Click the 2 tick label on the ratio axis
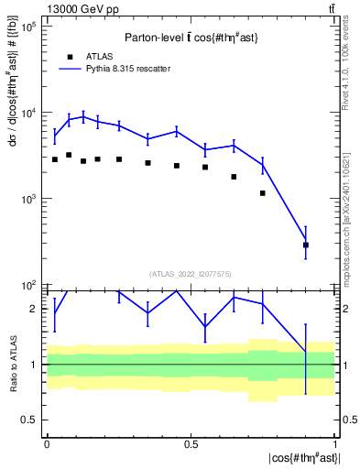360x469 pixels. tap(33, 309)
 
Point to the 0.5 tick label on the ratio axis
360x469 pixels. tap(29, 420)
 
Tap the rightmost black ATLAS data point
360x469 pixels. tap(306, 245)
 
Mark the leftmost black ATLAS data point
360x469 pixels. tap(55, 159)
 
